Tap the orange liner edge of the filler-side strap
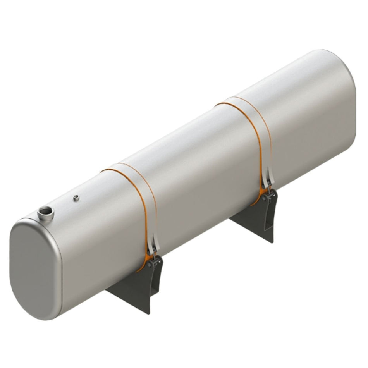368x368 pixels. click(145, 217)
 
